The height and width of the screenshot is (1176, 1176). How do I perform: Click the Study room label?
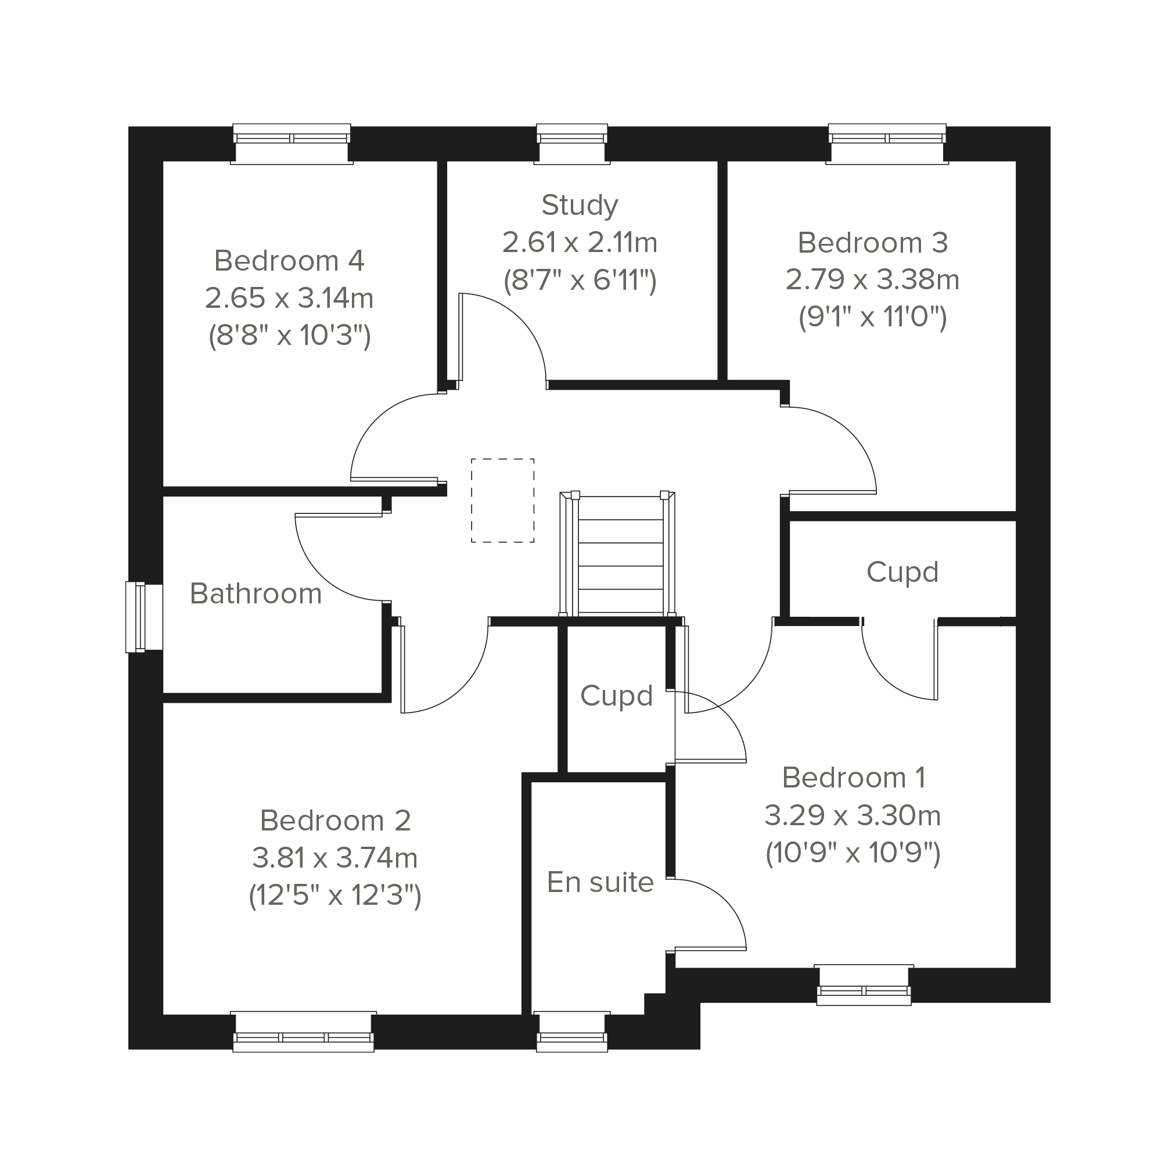[x=580, y=206]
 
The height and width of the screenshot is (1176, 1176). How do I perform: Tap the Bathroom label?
[x=256, y=594]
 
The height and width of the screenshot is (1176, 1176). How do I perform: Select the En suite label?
[x=600, y=883]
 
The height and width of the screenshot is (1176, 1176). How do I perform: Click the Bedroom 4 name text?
[x=289, y=261]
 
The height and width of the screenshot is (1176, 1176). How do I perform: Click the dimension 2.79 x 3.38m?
[x=872, y=280]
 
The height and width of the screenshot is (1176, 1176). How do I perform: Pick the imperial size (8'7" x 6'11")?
[x=580, y=280]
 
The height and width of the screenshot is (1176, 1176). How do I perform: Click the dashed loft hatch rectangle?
[x=503, y=501]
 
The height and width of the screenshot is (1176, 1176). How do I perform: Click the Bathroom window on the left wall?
[x=144, y=617]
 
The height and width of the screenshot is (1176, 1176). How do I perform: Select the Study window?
[x=572, y=144]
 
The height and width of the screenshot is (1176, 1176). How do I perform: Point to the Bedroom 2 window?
[x=303, y=1031]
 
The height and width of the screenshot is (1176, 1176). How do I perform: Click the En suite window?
[x=572, y=1031]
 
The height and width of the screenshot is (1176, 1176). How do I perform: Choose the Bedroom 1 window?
[x=864, y=985]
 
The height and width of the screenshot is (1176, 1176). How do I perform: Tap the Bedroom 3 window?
[x=887, y=144]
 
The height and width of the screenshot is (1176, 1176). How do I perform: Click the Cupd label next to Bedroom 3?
[x=902, y=573]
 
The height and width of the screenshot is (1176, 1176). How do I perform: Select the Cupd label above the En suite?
[x=617, y=696]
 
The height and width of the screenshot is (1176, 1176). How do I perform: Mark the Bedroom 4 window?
[x=292, y=144]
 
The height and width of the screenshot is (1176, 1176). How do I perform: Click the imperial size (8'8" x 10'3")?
[x=290, y=336]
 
